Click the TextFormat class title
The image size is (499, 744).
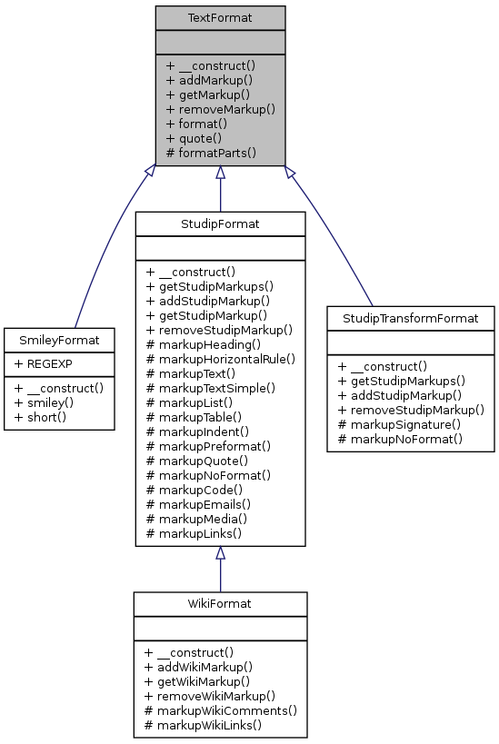[x=220, y=18]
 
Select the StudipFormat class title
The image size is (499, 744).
[x=220, y=223]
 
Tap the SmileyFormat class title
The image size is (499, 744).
[x=59, y=341]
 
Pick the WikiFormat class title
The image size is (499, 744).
[x=220, y=604]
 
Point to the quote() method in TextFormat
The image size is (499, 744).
[x=194, y=138]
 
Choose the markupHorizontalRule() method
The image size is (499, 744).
[x=220, y=359]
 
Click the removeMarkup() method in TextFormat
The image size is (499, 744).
[x=220, y=109]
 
